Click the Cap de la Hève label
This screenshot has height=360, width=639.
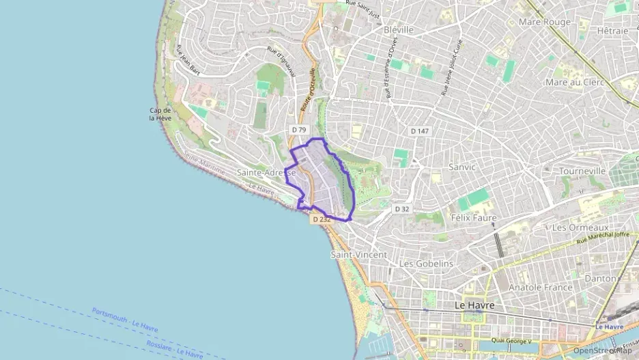[160, 114]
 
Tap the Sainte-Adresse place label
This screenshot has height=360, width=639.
[266, 173]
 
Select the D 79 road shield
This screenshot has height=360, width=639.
[299, 129]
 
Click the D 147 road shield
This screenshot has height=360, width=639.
[419, 130]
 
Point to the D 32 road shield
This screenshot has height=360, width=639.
[403, 208]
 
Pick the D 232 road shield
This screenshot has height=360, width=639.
[321, 219]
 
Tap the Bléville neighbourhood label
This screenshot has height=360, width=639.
[399, 30]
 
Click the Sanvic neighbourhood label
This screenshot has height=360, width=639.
[462, 166]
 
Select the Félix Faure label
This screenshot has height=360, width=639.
[474, 218]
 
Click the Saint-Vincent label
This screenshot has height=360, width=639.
[358, 254]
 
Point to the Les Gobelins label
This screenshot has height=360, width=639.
[426, 264]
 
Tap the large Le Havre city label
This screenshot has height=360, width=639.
[474, 305]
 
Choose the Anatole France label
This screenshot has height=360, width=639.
[540, 288]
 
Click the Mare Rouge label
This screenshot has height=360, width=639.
[544, 22]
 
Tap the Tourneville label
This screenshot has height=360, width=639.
[582, 170]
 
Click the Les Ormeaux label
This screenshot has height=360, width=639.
[580, 227]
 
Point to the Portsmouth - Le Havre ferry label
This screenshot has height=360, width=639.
[125, 320]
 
